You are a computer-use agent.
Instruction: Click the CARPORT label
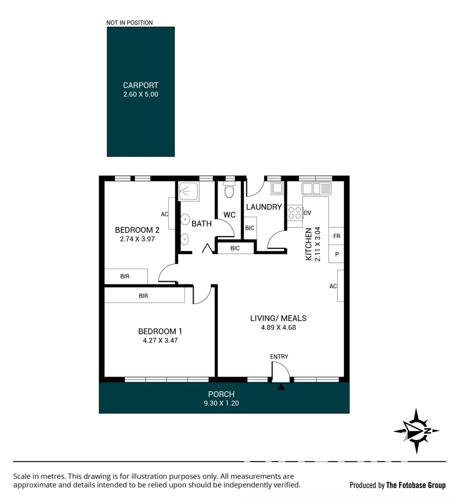(x=140, y=85)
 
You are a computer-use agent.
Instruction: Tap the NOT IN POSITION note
(x=129, y=22)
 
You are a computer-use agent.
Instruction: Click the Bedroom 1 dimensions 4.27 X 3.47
(x=160, y=340)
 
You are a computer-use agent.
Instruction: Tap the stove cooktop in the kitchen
(x=294, y=213)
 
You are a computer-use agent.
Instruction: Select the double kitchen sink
(x=316, y=189)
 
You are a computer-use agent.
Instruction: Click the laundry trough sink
(x=278, y=188)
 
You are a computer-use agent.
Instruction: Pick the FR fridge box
(x=337, y=236)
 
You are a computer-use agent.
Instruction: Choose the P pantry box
(x=337, y=255)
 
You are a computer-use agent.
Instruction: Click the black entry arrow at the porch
(x=280, y=386)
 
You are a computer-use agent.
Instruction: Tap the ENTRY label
(x=279, y=357)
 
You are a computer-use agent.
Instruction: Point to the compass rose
(x=416, y=431)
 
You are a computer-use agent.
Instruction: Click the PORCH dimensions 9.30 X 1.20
(x=221, y=403)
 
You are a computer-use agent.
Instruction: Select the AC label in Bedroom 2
(x=164, y=214)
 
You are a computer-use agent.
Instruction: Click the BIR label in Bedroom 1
(x=143, y=296)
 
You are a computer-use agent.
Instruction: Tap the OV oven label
(x=307, y=213)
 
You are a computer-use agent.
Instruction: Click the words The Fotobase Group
(x=416, y=485)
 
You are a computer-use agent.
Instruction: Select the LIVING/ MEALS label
(x=278, y=318)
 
